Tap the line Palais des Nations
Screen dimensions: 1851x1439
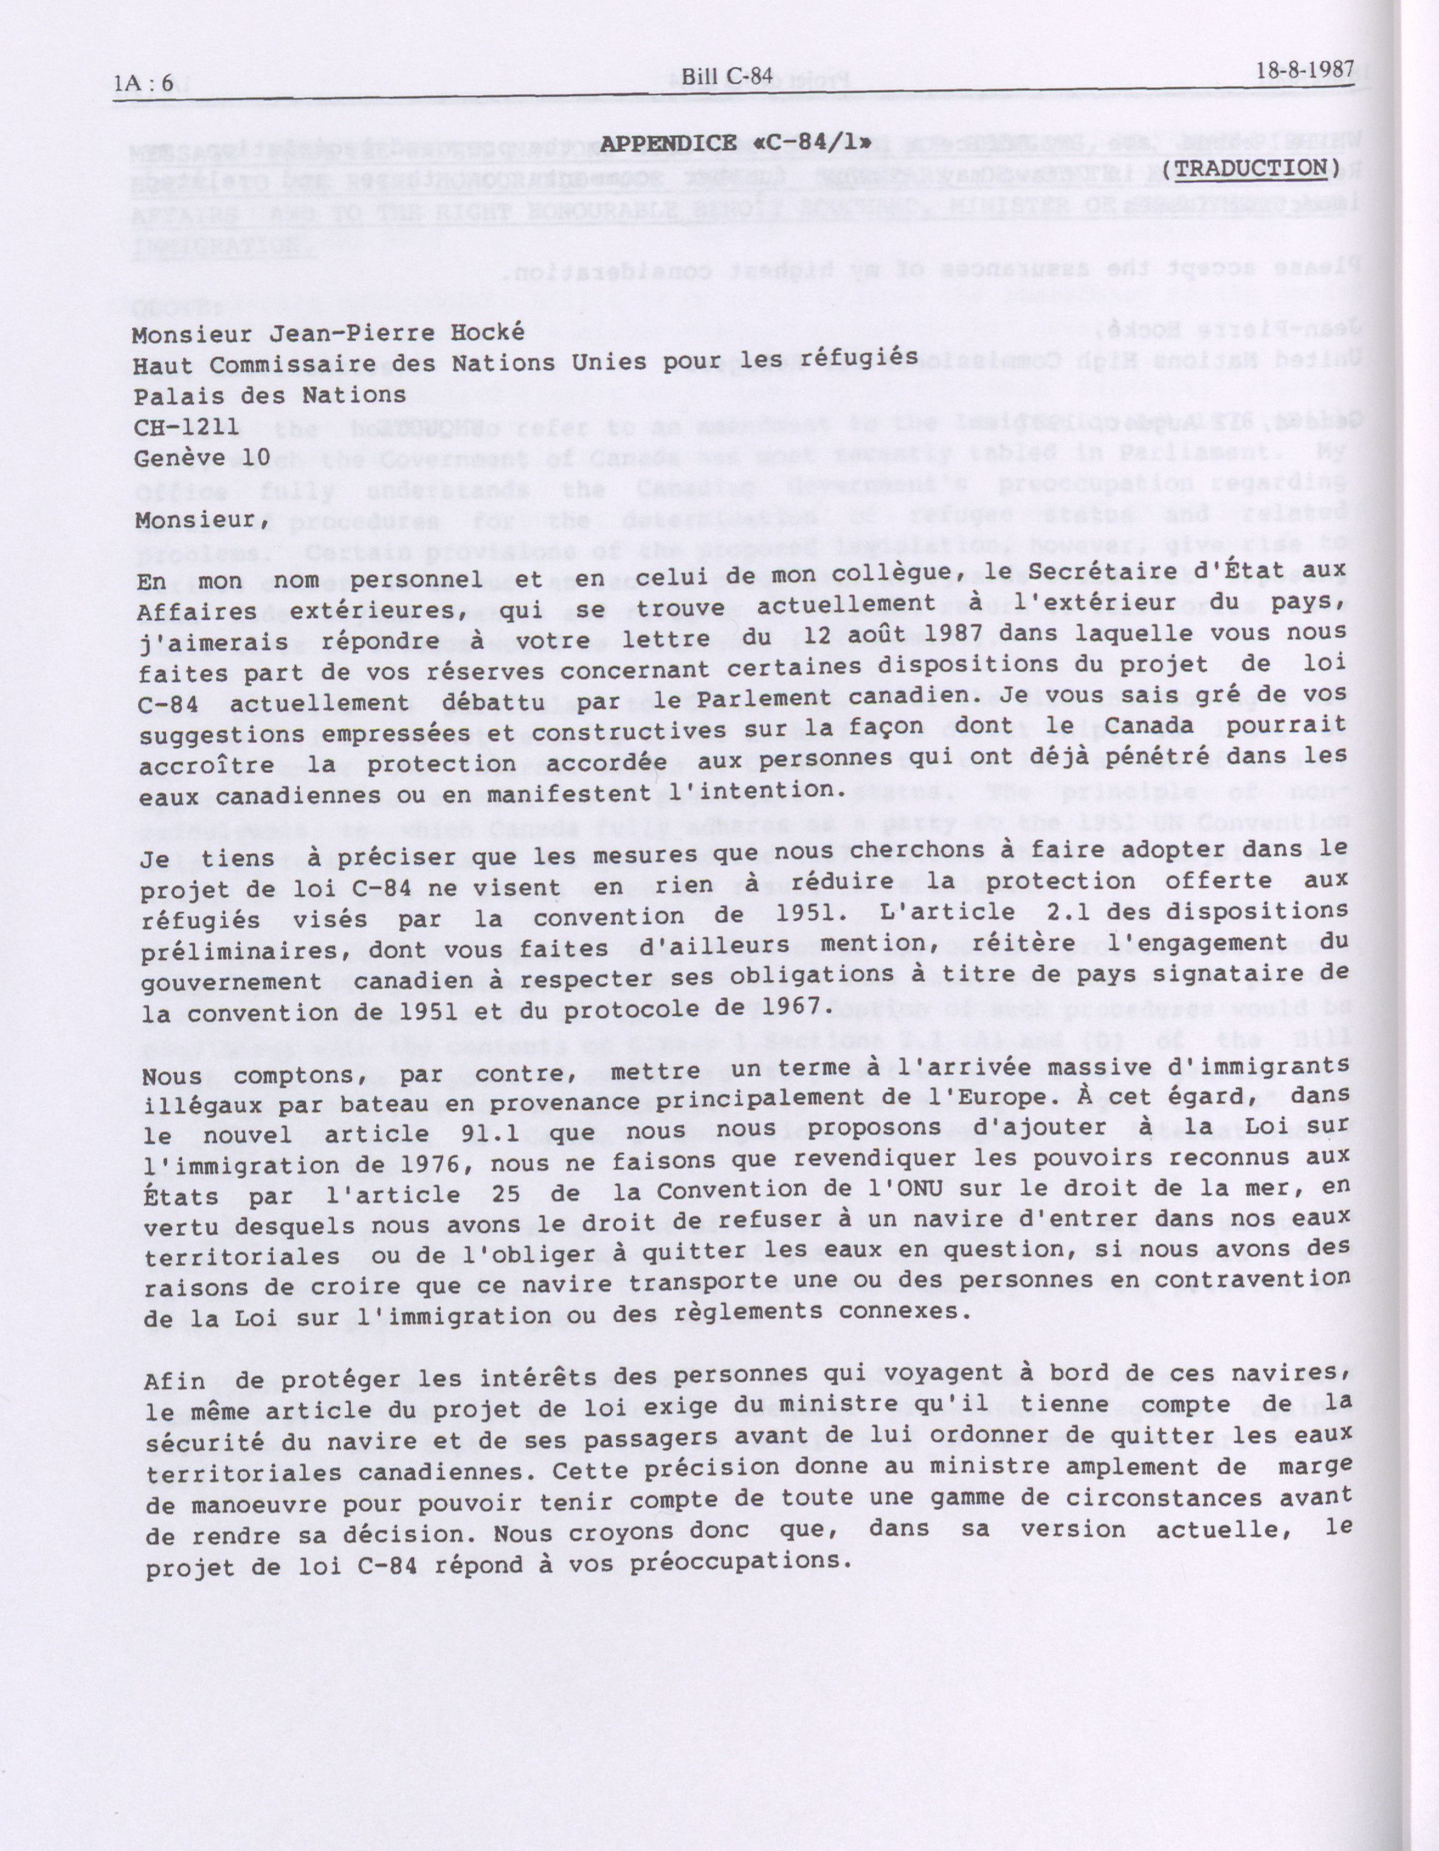[x=269, y=395]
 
